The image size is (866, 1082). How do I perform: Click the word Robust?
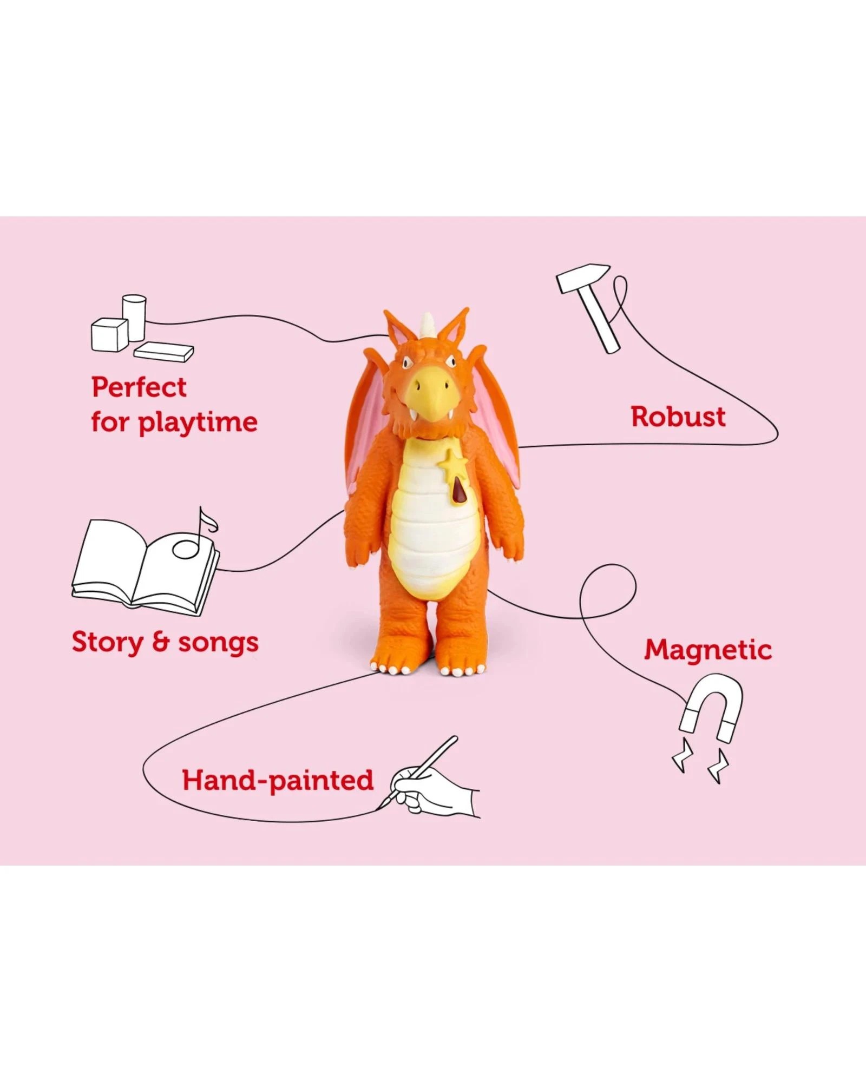tap(678, 417)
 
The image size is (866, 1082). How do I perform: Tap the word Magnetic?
tap(707, 650)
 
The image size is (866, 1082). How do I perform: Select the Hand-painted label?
tap(278, 780)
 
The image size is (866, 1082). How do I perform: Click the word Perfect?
tap(139, 387)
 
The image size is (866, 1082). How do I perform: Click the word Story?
tap(108, 643)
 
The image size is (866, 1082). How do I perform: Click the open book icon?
tap(143, 568)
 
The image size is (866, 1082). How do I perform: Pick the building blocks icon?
tap(138, 330)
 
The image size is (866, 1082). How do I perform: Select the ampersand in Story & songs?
tap(161, 643)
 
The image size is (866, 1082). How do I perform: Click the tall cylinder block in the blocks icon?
tap(134, 316)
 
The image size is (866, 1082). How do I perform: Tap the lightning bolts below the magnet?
tap(701, 763)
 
